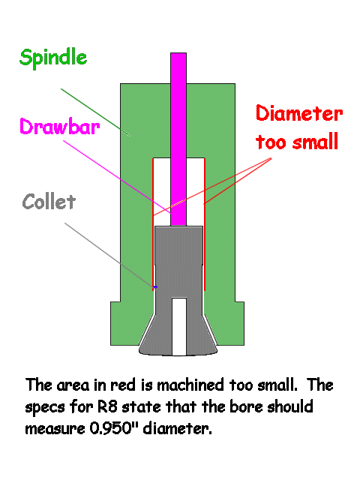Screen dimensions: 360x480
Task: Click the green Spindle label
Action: [x=53, y=58]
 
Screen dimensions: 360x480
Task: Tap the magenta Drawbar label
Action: [x=60, y=126]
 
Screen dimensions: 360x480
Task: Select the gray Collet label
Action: [x=49, y=202]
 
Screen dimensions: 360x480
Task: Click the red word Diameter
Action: [x=299, y=113]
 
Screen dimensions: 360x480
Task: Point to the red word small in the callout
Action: [x=315, y=142]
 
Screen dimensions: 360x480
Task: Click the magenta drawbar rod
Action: [x=178, y=139]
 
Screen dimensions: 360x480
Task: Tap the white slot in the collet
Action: [x=179, y=326]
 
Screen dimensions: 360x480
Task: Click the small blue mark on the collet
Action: [x=155, y=286]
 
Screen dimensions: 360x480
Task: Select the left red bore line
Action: [x=153, y=224]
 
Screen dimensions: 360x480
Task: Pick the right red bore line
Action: [x=204, y=224]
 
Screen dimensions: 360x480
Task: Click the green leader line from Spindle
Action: [x=95, y=112]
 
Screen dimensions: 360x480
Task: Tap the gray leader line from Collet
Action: [x=109, y=255]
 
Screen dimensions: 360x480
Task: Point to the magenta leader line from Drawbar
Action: [x=117, y=177]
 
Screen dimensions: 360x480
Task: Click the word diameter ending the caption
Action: [x=177, y=428]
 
